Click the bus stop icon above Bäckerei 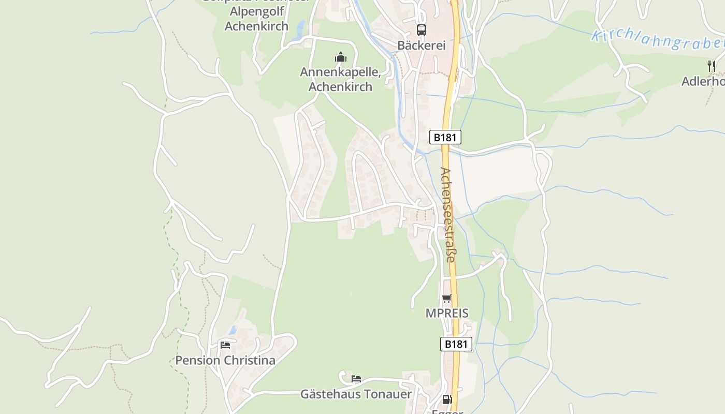422,30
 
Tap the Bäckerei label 422,46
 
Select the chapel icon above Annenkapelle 340,57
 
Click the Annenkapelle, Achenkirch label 340,79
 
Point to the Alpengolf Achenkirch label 256,19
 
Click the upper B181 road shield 445,137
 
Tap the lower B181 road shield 456,344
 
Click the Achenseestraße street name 448,214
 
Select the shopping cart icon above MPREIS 446,298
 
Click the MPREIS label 447,313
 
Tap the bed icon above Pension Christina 225,345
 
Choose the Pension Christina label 225,360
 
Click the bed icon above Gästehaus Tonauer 356,379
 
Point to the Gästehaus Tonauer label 356,394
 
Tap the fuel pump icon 447,399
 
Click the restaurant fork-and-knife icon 712,66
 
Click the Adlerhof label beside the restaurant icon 703,81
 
